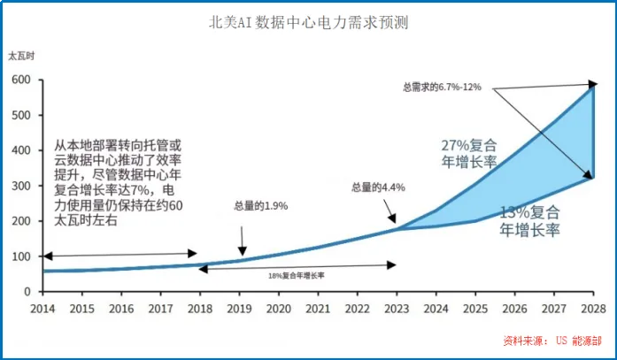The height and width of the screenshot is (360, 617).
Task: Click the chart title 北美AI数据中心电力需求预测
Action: (307, 22)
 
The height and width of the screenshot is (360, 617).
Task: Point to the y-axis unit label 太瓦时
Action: (21, 56)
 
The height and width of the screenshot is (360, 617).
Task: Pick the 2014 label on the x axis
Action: (42, 308)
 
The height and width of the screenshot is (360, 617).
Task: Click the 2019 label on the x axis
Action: (239, 308)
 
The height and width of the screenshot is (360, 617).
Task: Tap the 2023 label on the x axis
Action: (396, 308)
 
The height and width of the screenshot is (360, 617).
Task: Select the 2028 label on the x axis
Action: (592, 308)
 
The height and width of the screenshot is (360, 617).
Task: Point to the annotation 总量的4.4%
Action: (378, 187)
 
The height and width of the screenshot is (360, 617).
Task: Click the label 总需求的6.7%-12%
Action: (443, 87)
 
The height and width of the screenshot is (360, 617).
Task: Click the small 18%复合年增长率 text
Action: (297, 276)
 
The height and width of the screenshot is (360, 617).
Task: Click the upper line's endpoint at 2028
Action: (592, 85)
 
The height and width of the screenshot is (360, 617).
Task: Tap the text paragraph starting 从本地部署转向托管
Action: (119, 183)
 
